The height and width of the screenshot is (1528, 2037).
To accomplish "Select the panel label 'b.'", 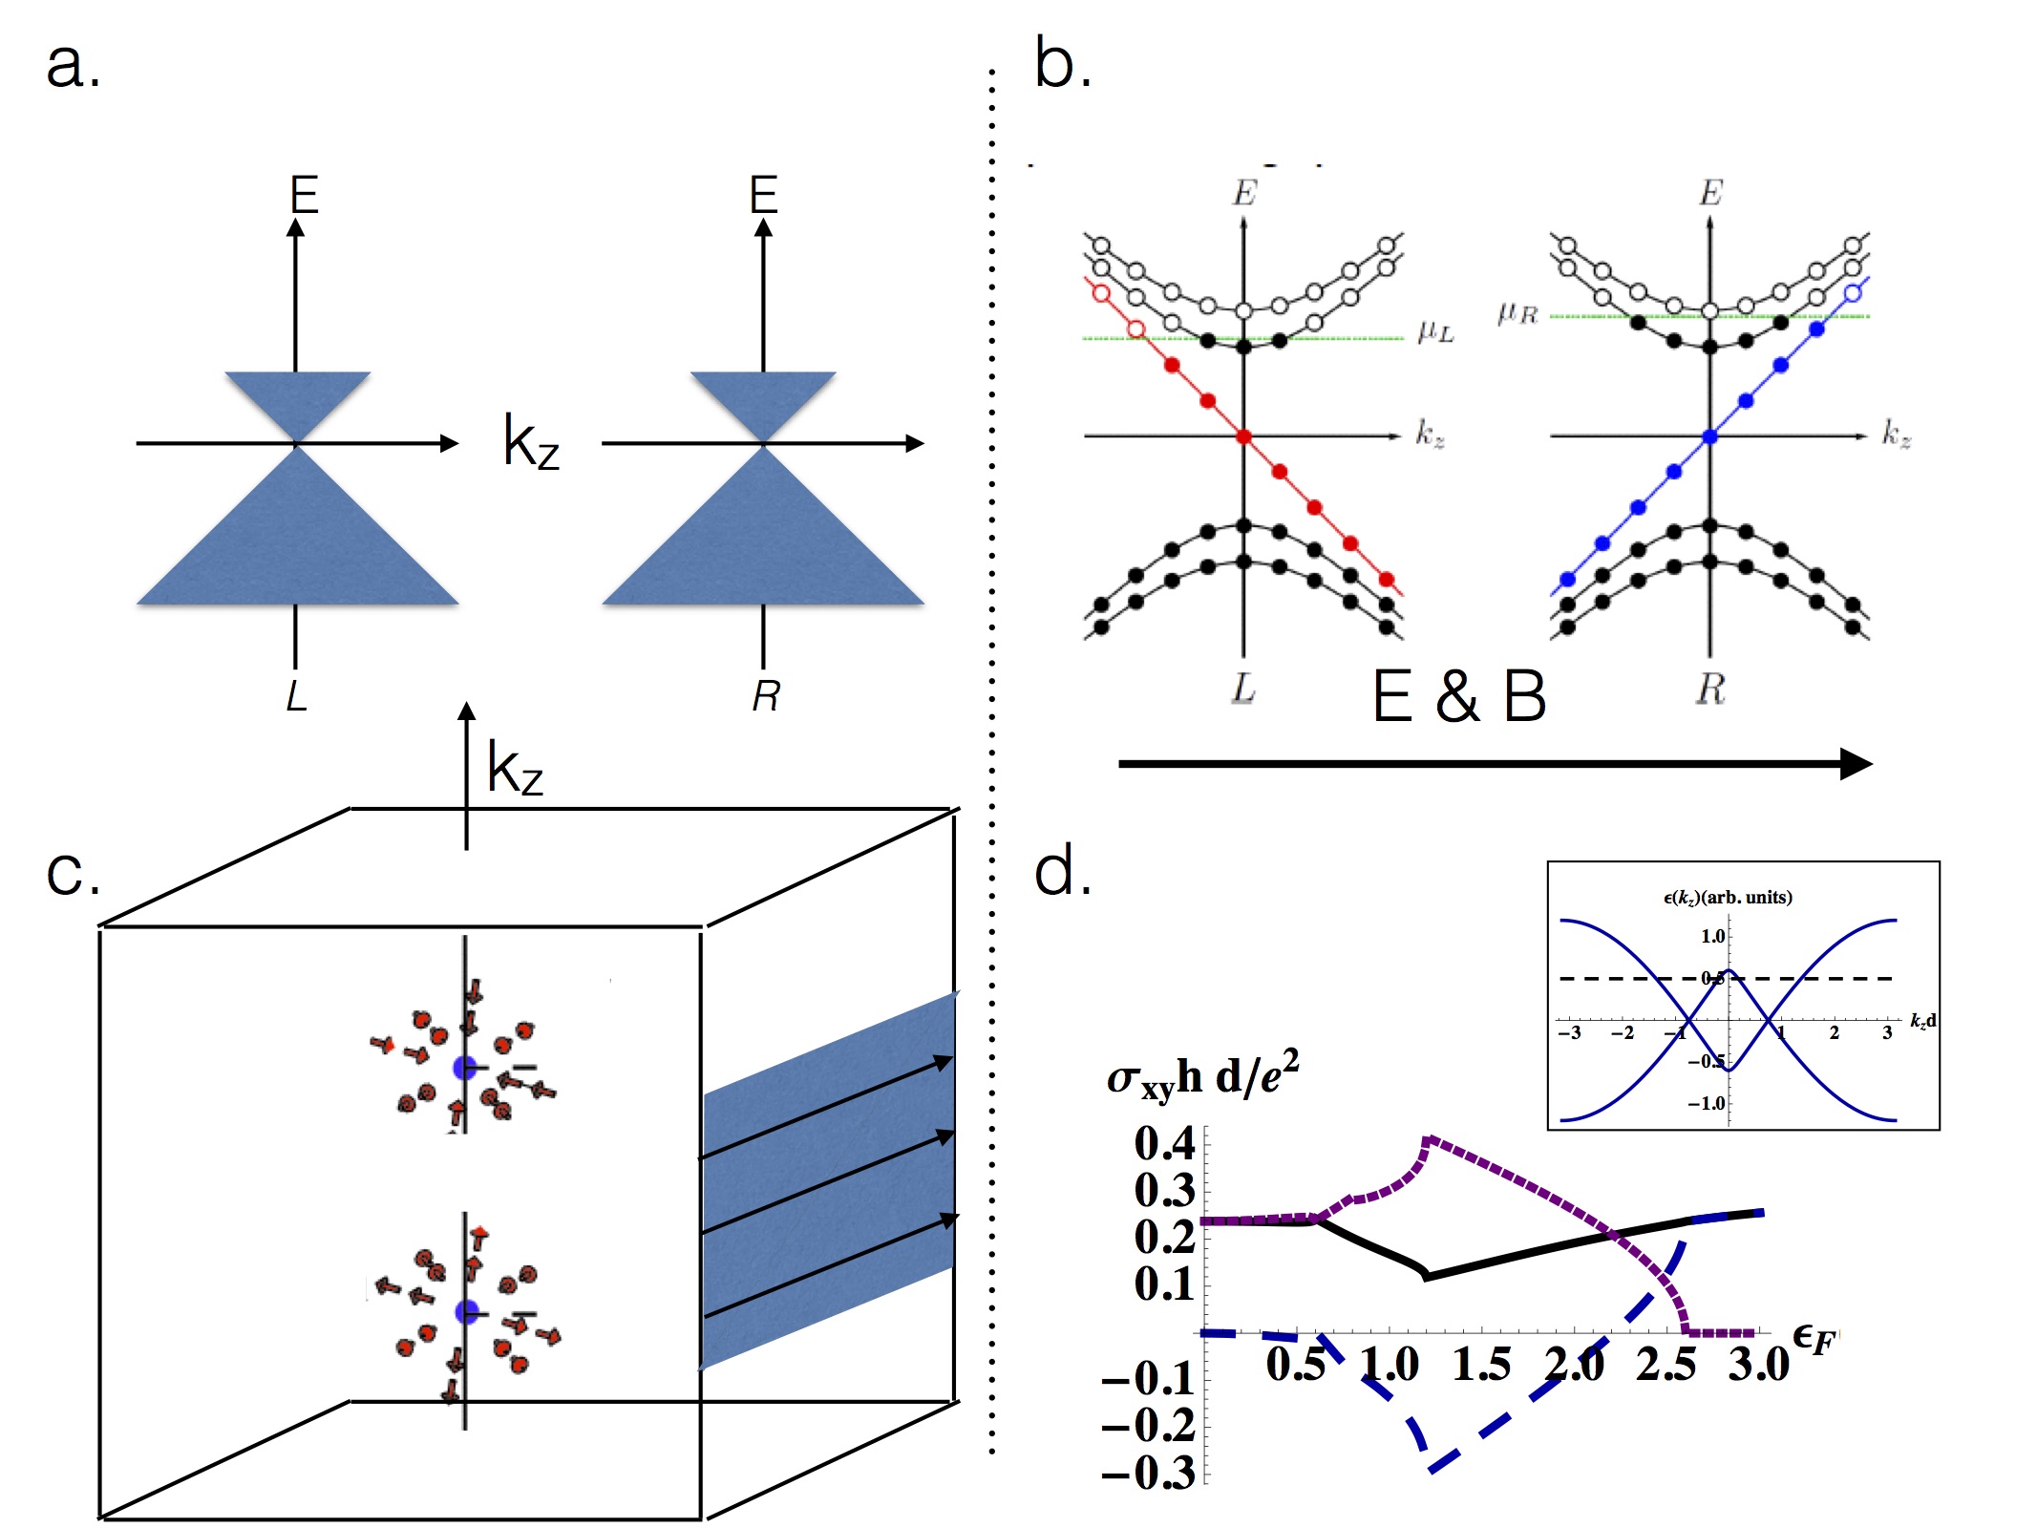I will click(x=1062, y=65).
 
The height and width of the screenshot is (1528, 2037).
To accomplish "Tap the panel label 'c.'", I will click(x=73, y=873).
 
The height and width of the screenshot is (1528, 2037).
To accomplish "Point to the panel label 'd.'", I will click(x=1062, y=871).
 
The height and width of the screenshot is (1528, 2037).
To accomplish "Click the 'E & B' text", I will click(x=1458, y=696).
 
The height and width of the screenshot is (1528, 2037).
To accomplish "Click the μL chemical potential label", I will click(x=1435, y=331).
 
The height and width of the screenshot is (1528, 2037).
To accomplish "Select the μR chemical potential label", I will click(x=1517, y=313).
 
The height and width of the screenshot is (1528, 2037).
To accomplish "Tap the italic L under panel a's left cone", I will click(x=296, y=695).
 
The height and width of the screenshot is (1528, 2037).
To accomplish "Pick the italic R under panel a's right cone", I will click(x=765, y=695).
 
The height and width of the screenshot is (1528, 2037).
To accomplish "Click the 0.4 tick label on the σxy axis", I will click(x=1164, y=1143).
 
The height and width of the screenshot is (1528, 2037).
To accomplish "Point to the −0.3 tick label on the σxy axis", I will click(x=1149, y=1473).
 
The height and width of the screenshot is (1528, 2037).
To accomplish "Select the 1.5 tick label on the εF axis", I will click(x=1481, y=1364).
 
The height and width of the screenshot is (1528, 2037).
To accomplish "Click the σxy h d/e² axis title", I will click(x=1202, y=1076).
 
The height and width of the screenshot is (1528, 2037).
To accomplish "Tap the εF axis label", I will click(x=1814, y=1339).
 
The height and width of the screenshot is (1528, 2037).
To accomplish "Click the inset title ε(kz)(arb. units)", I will click(x=1728, y=897).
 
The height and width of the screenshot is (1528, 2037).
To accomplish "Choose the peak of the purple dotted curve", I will click(x=1427, y=1139).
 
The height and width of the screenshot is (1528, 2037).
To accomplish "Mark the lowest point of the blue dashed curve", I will click(x=1431, y=1469).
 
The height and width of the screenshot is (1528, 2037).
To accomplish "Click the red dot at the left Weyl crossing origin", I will click(x=1243, y=436).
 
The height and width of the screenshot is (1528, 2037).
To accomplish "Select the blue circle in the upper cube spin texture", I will click(x=465, y=1068).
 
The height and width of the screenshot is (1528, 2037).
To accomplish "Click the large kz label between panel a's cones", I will click(x=531, y=442).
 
